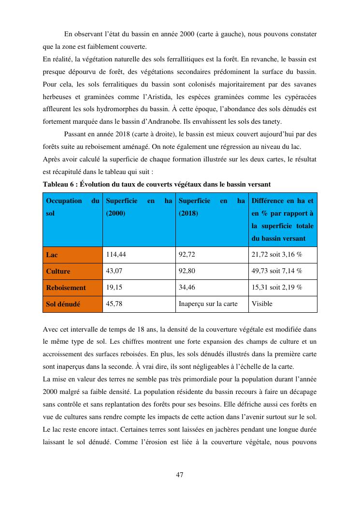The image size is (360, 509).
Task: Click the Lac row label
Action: tap(52, 255)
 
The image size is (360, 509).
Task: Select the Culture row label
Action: tap(58, 271)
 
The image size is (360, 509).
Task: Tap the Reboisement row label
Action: tap(66, 288)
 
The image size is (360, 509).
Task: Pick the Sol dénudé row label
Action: tap(63, 304)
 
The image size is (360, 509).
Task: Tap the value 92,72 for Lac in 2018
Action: tap(187, 255)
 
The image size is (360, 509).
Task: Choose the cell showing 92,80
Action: tap(187, 271)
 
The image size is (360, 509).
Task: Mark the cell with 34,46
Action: tap(187, 288)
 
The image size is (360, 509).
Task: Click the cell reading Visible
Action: tap(262, 304)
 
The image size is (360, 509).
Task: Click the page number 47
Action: tap(179, 475)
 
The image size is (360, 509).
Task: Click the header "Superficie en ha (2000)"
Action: tap(139, 207)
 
